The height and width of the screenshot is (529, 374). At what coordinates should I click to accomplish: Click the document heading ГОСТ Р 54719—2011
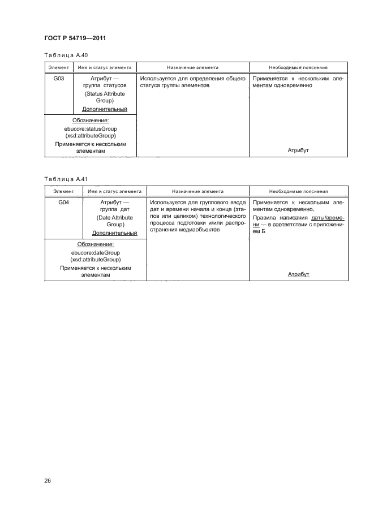click(x=75, y=38)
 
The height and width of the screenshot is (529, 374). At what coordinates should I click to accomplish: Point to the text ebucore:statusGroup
click(x=91, y=129)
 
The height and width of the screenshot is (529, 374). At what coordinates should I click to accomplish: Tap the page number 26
click(x=48, y=481)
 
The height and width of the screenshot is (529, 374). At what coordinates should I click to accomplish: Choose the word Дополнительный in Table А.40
click(x=105, y=109)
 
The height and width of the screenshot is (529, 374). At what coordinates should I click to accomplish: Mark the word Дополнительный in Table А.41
click(x=115, y=233)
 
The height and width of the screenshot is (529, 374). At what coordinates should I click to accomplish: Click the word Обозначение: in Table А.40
click(x=91, y=121)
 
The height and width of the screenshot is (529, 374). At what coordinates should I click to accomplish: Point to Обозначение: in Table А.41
click(x=96, y=244)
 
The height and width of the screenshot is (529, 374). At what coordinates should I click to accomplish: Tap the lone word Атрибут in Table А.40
click(x=298, y=150)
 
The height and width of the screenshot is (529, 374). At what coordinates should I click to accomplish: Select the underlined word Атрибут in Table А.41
click(x=298, y=274)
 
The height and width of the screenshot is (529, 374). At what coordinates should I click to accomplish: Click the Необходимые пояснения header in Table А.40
click(x=298, y=67)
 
